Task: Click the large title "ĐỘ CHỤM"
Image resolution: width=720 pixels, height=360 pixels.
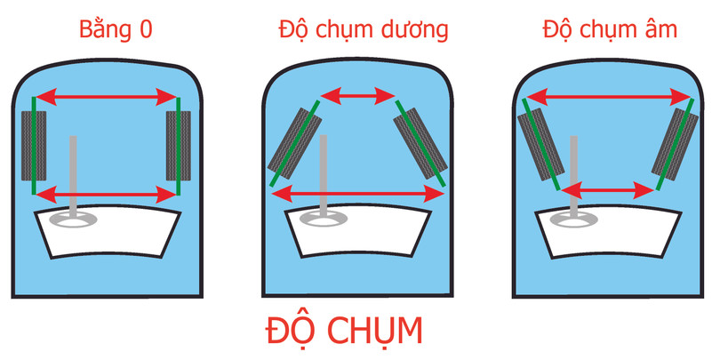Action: (x=343, y=329)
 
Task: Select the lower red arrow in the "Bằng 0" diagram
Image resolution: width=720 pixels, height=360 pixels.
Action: (x=107, y=192)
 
